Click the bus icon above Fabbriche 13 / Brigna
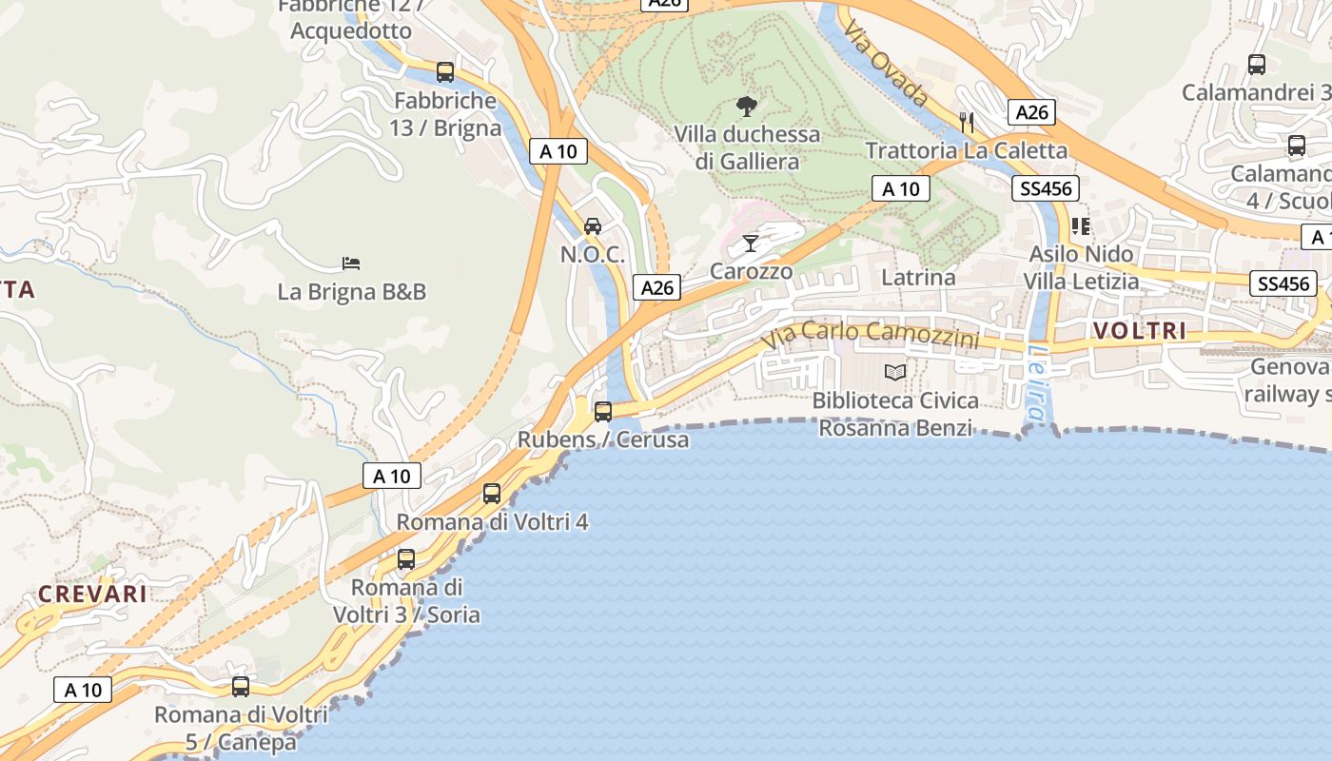445,71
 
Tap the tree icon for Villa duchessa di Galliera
747,106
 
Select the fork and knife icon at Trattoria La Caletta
967,122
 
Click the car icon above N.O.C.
593,225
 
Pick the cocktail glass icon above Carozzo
751,244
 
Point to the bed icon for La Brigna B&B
351,263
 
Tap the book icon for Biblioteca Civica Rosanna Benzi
895,372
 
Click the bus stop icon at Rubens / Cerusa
603,411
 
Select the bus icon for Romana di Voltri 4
492,493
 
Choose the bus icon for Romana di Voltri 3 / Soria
406,558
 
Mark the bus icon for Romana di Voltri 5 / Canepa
241,686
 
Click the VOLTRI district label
1140,331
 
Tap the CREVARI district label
92,595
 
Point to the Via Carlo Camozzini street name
871,334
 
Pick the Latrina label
918,278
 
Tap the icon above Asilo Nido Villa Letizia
1081,226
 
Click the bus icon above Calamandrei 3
1257,65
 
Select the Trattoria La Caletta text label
967,150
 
